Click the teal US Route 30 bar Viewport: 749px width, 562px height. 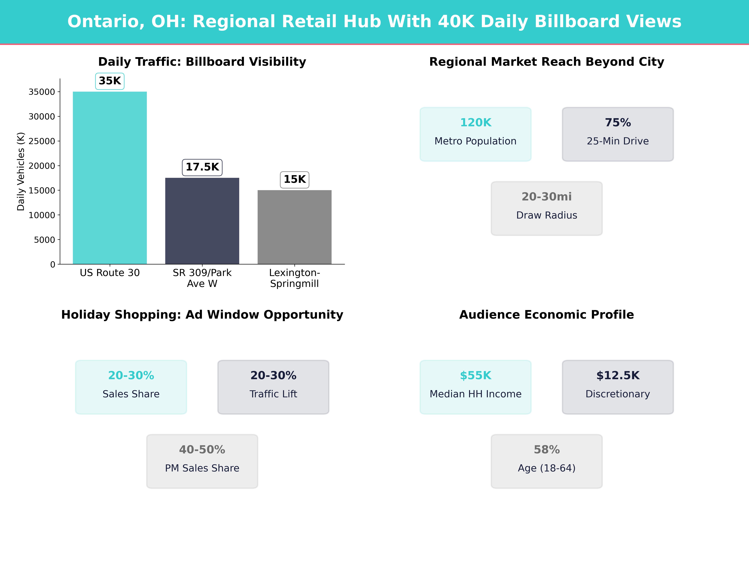pyautogui.click(x=110, y=178)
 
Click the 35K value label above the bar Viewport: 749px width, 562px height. pyautogui.click(x=110, y=81)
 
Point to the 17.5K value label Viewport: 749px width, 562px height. pyautogui.click(x=202, y=167)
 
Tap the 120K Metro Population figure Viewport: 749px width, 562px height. pyautogui.click(x=475, y=123)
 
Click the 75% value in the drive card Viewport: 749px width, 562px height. pyautogui.click(x=618, y=123)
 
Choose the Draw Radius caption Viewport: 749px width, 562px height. pyautogui.click(x=546, y=215)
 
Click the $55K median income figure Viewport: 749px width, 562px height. pyautogui.click(x=475, y=375)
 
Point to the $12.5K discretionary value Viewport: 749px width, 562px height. pyautogui.click(x=618, y=375)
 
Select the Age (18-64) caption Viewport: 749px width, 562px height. pyautogui.click(x=546, y=468)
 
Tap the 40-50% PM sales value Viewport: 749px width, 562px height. pyautogui.click(x=202, y=450)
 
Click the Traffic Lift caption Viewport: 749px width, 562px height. pyautogui.click(x=273, y=394)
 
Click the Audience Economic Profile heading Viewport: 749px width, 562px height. pyautogui.click(x=546, y=315)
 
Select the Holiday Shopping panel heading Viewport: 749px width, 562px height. pyautogui.click(x=202, y=315)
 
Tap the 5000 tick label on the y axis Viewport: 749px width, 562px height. pyautogui.click(x=44, y=240)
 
